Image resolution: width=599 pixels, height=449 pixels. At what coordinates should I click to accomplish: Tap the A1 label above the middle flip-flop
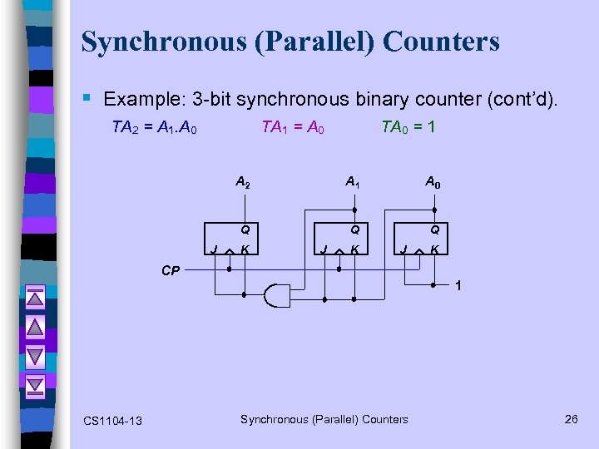(x=353, y=180)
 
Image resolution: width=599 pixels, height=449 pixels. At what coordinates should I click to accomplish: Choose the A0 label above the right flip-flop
(x=433, y=180)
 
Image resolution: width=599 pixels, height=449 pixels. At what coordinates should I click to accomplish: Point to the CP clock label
(x=171, y=270)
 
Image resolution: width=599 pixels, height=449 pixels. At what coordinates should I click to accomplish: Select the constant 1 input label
(x=458, y=286)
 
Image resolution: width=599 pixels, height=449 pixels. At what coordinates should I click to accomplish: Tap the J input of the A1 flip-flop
(x=322, y=249)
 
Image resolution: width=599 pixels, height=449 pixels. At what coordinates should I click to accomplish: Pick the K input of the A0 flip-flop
(x=435, y=249)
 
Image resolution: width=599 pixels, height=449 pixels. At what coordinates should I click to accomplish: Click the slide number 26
(x=571, y=419)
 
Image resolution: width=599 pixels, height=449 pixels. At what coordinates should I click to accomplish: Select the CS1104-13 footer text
(x=113, y=421)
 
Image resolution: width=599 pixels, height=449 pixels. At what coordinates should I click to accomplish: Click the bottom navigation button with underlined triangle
(x=35, y=385)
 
